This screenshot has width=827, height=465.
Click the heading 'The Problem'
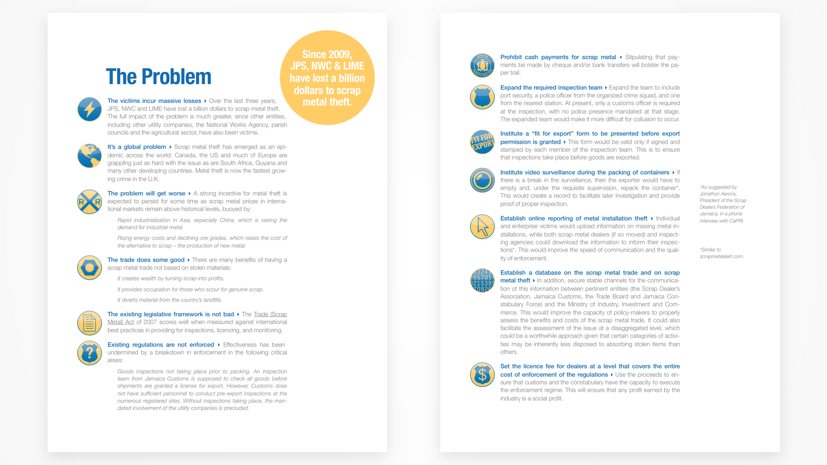pyautogui.click(x=159, y=77)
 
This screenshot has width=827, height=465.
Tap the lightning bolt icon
pyautogui.click(x=89, y=110)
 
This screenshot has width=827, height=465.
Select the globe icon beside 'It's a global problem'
pyautogui.click(x=89, y=156)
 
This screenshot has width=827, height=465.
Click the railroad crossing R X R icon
pyautogui.click(x=89, y=202)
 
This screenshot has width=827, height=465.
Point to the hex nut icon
pyautogui.click(x=89, y=268)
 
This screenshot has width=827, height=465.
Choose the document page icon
pyautogui.click(x=89, y=323)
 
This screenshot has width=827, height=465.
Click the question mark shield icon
pyautogui.click(x=89, y=353)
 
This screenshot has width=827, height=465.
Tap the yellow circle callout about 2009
pyautogui.click(x=327, y=78)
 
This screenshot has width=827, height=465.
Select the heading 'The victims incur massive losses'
pyautogui.click(x=154, y=101)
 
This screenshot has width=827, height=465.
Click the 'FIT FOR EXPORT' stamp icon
pyautogui.click(x=482, y=142)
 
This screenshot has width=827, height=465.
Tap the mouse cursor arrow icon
pyautogui.click(x=482, y=227)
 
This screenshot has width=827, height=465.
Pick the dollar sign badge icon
pyautogui.click(x=482, y=375)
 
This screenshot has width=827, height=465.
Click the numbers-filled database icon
pyautogui.click(x=482, y=281)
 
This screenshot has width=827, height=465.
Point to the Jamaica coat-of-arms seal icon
pyautogui.click(x=482, y=66)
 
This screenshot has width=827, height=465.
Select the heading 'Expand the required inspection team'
pyautogui.click(x=551, y=88)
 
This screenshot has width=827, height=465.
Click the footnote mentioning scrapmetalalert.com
pyautogui.click(x=722, y=253)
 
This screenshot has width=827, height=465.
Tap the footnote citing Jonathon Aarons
pyautogui.click(x=723, y=204)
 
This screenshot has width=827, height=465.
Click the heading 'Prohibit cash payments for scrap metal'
pyautogui.click(x=558, y=57)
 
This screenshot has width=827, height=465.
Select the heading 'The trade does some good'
pyautogui.click(x=146, y=260)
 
